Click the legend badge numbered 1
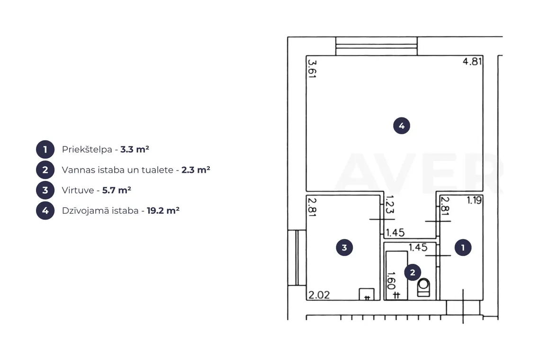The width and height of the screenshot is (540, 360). click(x=45, y=150)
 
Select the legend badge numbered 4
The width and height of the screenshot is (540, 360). click(x=45, y=210)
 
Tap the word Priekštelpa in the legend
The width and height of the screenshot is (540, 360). click(x=87, y=150)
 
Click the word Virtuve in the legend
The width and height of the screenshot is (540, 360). click(x=78, y=190)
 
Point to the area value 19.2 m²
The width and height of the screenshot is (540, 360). click(x=163, y=210)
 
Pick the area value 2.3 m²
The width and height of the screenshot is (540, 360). click(x=196, y=170)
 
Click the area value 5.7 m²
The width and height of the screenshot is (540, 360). click(x=117, y=190)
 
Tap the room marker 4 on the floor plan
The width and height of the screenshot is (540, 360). click(x=402, y=126)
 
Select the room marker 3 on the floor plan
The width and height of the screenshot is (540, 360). click(x=344, y=247)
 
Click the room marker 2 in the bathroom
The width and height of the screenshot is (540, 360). click(x=413, y=272)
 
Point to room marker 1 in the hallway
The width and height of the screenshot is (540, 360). click(x=463, y=247)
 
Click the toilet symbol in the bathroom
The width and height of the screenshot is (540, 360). click(x=423, y=288)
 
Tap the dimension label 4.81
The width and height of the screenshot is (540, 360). click(x=472, y=61)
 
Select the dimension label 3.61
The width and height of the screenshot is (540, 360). click(x=312, y=69)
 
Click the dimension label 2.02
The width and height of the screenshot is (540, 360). click(x=319, y=295)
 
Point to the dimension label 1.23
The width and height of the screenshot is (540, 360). click(x=389, y=205)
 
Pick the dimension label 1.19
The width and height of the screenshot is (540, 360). click(x=474, y=200)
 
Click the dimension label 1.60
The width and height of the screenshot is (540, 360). click(x=391, y=281)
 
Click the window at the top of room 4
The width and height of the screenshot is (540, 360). click(x=377, y=46)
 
